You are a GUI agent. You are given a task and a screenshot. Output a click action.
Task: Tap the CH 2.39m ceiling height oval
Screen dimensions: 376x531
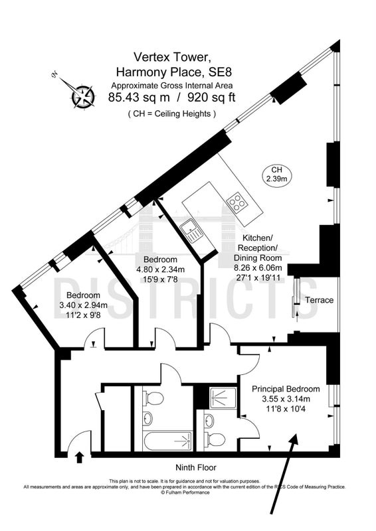click(x=276, y=175)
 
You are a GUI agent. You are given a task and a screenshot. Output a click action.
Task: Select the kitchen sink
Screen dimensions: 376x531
click(x=191, y=231)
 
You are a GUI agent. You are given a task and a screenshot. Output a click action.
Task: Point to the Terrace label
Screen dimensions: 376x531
click(x=319, y=300)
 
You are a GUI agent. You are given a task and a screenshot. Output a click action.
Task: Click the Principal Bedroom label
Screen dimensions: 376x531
click(x=286, y=389)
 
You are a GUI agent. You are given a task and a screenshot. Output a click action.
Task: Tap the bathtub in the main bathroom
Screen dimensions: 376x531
click(x=168, y=441)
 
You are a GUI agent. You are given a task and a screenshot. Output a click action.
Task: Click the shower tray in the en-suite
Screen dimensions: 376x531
click(x=223, y=398)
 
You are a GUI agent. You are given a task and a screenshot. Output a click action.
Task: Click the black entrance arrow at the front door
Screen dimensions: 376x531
click(x=80, y=457)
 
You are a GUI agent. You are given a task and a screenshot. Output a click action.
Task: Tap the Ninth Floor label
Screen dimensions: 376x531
click(x=195, y=468)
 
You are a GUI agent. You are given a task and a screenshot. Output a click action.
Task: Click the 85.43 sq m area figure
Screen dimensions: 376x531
click(x=139, y=98)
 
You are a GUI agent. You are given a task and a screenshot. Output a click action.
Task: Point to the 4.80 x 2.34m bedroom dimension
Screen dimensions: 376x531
click(x=160, y=269)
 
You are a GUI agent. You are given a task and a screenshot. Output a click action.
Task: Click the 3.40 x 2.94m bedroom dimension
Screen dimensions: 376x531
click(x=84, y=305)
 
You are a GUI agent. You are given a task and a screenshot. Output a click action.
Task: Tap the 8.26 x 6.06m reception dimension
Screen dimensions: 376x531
click(x=258, y=268)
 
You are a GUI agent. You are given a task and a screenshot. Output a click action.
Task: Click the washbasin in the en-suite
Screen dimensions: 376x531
click(x=209, y=420)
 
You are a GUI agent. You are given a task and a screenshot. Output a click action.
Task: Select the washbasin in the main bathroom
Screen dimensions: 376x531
click(x=148, y=419)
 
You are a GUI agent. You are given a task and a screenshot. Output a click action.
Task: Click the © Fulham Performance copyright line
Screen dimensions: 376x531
click(x=185, y=492)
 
